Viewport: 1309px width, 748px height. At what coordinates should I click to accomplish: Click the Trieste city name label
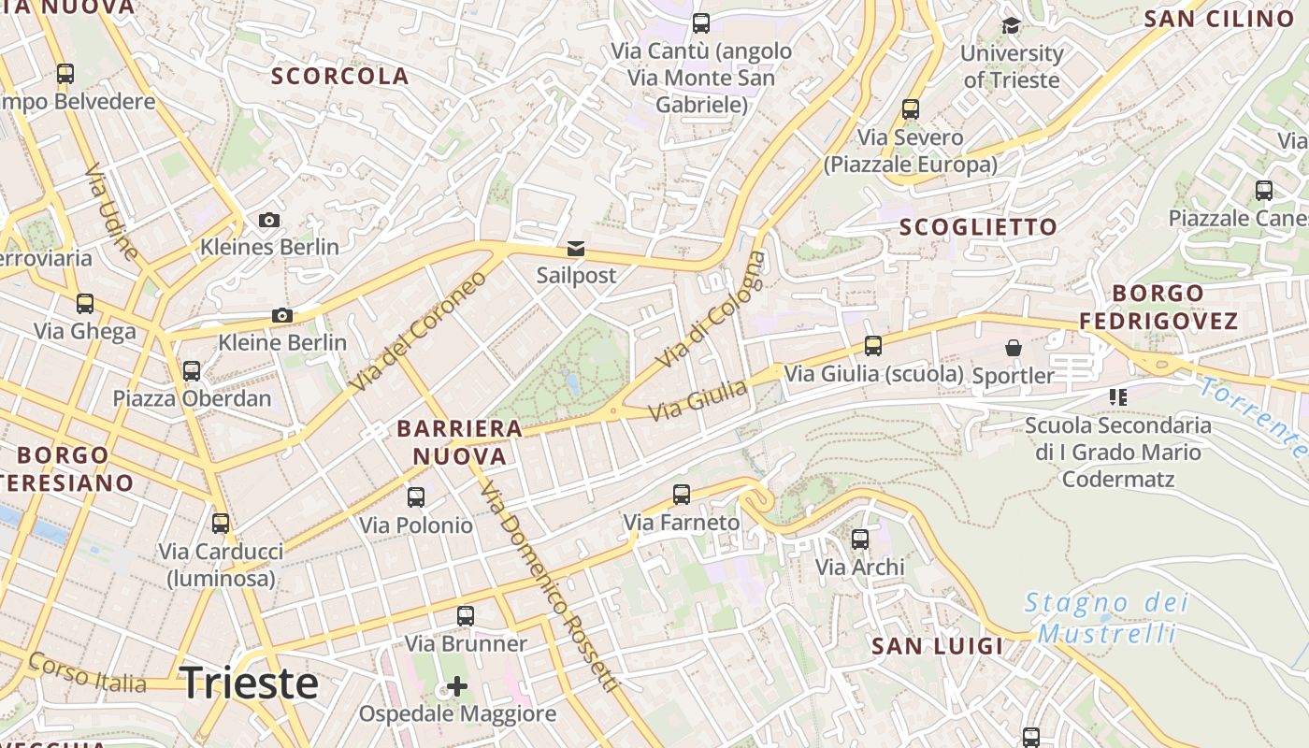(249, 683)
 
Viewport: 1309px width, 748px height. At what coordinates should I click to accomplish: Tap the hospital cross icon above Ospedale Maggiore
(457, 687)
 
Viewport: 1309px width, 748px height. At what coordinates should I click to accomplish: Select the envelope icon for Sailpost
(576, 249)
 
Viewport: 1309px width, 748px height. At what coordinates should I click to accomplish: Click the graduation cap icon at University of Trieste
(1011, 25)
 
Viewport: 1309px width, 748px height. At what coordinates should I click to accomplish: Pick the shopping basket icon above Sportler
(1013, 349)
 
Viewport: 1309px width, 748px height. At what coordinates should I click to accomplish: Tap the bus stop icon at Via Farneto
(682, 495)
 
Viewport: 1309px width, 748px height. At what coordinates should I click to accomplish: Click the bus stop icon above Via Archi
(860, 539)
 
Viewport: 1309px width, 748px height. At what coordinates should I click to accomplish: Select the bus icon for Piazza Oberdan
(192, 371)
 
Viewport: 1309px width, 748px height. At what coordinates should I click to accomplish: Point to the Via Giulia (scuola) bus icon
(873, 347)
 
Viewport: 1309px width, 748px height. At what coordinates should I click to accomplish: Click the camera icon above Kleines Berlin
(269, 221)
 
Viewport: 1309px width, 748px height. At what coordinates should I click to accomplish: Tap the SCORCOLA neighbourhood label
(340, 77)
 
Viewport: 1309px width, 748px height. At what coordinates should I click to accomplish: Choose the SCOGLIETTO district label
(978, 227)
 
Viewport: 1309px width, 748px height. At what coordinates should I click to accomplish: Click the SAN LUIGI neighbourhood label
(937, 646)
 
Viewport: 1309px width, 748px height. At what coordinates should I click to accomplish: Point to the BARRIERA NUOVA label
(460, 443)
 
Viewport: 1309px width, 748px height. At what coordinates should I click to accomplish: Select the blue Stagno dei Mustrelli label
(1107, 618)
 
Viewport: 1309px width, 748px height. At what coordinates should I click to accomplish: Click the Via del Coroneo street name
(418, 332)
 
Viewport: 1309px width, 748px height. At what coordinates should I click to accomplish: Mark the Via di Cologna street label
(711, 310)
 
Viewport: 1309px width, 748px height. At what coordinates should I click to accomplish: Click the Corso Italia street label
(87, 672)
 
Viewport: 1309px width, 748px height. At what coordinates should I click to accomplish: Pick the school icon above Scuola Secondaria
(1117, 397)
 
